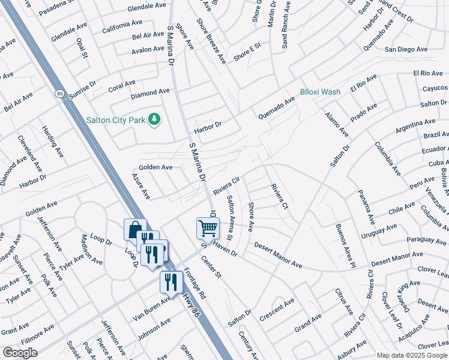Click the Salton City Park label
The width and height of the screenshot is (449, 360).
pos(116,120)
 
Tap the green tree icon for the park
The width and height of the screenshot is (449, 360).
pos(155,119)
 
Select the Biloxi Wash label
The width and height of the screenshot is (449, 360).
pos(321,92)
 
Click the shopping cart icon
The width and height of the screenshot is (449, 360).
pos(208,227)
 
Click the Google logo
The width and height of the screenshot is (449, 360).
pos(20,353)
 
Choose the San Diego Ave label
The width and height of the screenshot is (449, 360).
pos(406,49)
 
